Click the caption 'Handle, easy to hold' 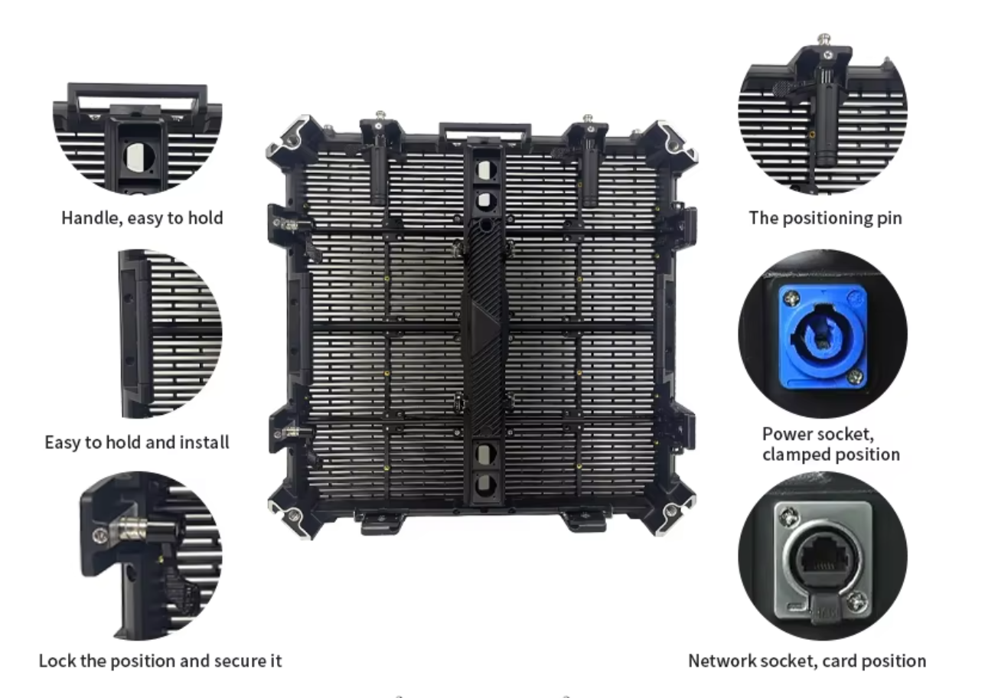pyautogui.click(x=142, y=218)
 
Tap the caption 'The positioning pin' pyautogui.click(x=825, y=218)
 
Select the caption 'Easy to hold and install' pyautogui.click(x=137, y=442)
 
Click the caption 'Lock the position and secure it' pyautogui.click(x=160, y=661)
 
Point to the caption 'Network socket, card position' pyautogui.click(x=807, y=661)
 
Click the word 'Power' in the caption pyautogui.click(x=785, y=434)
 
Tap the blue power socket pyautogui.click(x=822, y=337)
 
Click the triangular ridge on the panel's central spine pyautogui.click(x=484, y=326)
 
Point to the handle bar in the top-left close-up pyautogui.click(x=137, y=90)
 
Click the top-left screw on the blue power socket pyautogui.click(x=792, y=298)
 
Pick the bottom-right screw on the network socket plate pyautogui.click(x=856, y=602)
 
